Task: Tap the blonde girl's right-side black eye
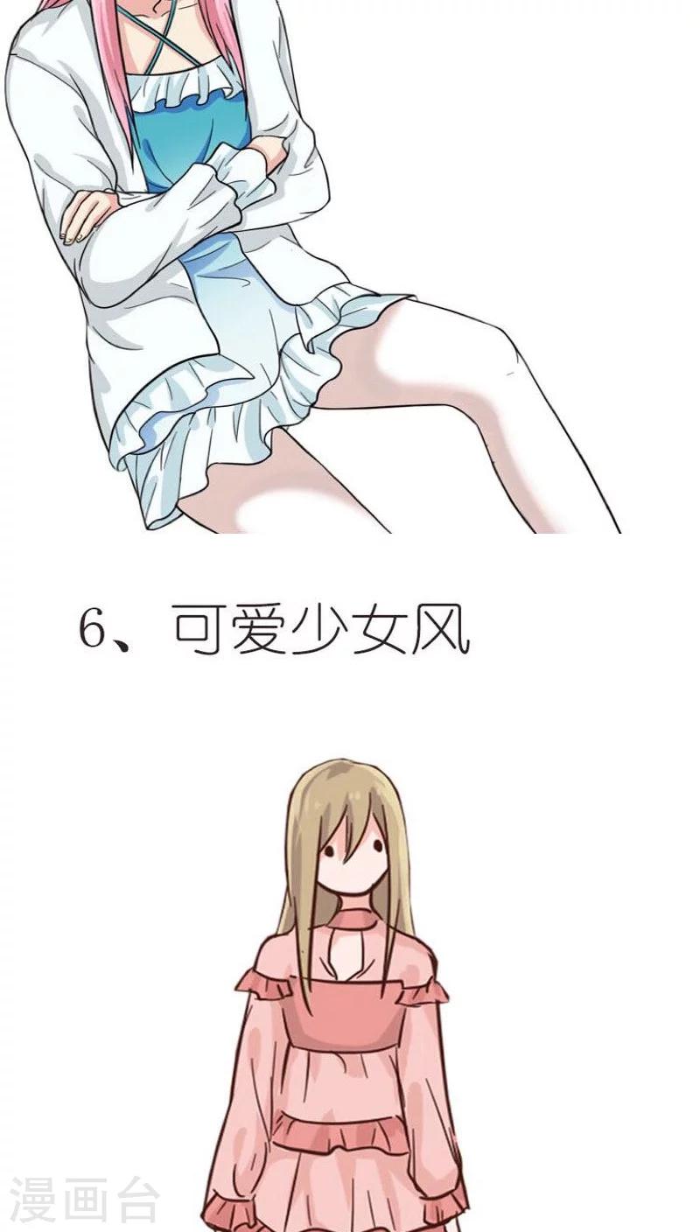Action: [x=377, y=848]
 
